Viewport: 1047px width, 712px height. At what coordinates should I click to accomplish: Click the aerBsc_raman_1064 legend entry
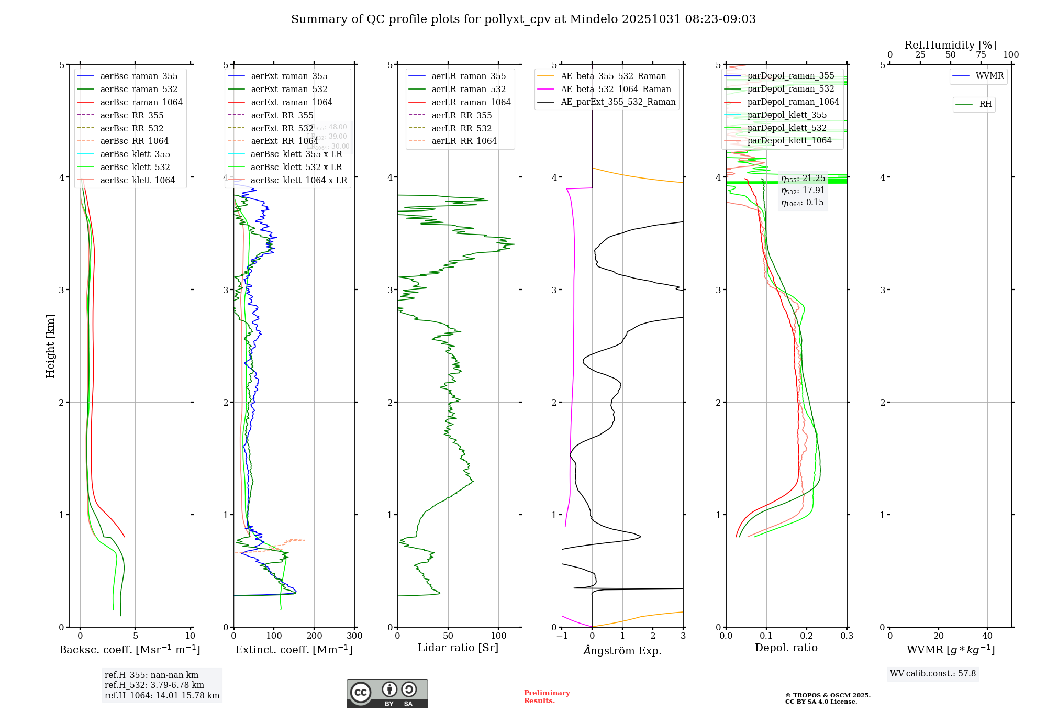pos(141,103)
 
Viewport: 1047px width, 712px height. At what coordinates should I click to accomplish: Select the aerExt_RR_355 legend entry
pos(282,116)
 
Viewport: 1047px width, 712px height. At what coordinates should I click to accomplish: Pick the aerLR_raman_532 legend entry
pos(469,90)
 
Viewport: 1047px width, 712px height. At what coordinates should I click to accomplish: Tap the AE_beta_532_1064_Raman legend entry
pos(616,90)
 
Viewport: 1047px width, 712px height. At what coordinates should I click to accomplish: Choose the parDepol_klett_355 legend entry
pos(787,115)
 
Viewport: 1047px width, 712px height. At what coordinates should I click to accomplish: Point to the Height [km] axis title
pos(50,346)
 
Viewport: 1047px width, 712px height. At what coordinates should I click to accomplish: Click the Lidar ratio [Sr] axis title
pos(458,648)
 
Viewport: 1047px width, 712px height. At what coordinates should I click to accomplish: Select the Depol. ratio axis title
pos(786,648)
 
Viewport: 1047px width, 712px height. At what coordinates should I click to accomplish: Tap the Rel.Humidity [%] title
pos(950,46)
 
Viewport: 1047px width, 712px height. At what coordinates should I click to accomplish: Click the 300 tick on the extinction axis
pos(355,636)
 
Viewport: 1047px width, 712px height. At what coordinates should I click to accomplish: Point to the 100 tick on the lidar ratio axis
pos(498,636)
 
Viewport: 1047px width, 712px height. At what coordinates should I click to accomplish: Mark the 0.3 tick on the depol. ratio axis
pos(846,636)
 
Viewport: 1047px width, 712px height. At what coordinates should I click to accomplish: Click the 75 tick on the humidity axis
pos(981,55)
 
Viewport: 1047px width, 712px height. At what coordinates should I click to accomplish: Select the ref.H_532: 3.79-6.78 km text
pos(154,685)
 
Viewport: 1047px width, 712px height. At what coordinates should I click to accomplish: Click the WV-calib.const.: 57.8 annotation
pos(933,674)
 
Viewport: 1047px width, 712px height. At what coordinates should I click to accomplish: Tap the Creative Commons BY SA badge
pos(387,694)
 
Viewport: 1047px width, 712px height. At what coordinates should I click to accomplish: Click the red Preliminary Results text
pos(547,697)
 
